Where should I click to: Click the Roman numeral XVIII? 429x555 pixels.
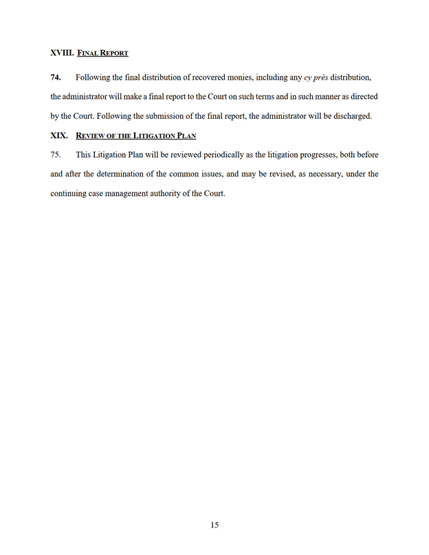click(62, 53)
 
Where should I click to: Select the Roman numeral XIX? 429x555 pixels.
click(59, 135)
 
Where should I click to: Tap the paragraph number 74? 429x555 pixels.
click(56, 78)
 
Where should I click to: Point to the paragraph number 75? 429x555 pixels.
click(56, 155)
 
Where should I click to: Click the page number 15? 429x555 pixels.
click(214, 525)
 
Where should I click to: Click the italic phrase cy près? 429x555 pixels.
click(316, 78)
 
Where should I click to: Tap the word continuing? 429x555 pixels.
click(69, 193)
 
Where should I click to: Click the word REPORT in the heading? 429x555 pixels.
click(113, 54)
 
